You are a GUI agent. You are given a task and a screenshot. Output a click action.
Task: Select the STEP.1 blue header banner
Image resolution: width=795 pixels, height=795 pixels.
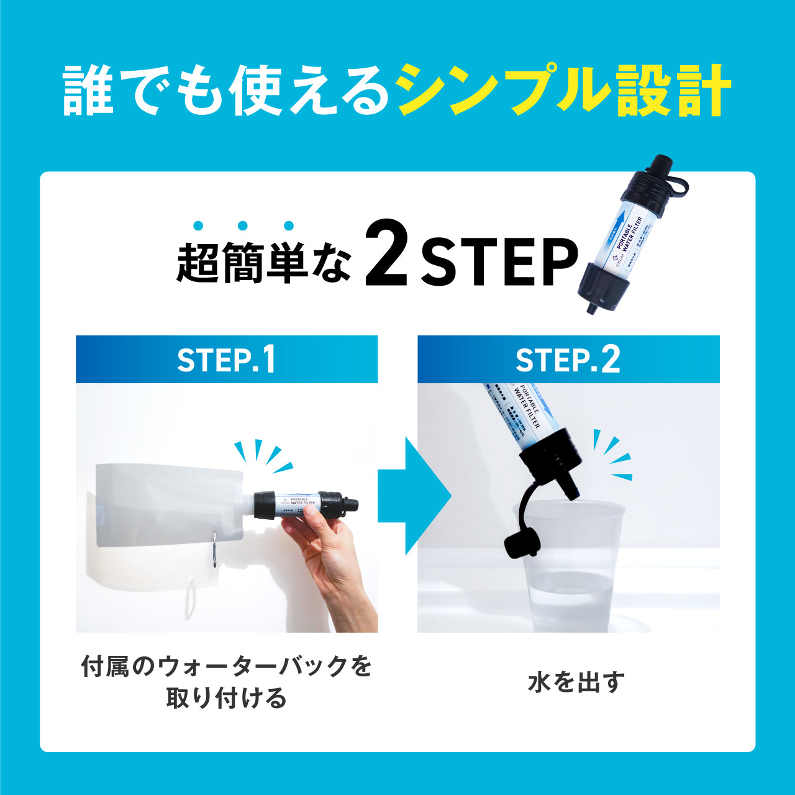point(227,360)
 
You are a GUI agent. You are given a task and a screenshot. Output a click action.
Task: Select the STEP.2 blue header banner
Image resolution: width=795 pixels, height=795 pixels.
point(568,360)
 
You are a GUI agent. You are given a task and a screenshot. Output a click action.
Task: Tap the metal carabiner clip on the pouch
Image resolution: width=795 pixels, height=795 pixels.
point(214,550)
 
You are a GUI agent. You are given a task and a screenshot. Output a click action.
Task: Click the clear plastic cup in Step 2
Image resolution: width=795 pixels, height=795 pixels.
point(568,571)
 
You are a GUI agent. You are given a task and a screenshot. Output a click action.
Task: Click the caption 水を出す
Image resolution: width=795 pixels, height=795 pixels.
point(576,682)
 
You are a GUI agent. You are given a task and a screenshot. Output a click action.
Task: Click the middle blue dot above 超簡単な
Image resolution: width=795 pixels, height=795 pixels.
point(243,226)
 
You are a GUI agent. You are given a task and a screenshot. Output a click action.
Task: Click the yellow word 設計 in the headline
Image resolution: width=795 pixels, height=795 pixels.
point(674,92)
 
